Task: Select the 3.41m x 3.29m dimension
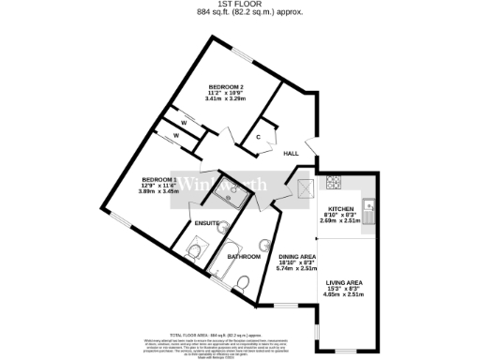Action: tap(227, 98)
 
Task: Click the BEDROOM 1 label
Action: tap(159, 178)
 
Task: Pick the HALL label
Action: tap(291, 152)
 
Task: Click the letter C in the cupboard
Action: tap(258, 138)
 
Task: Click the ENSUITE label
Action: tap(207, 222)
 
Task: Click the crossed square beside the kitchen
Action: tap(305, 188)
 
